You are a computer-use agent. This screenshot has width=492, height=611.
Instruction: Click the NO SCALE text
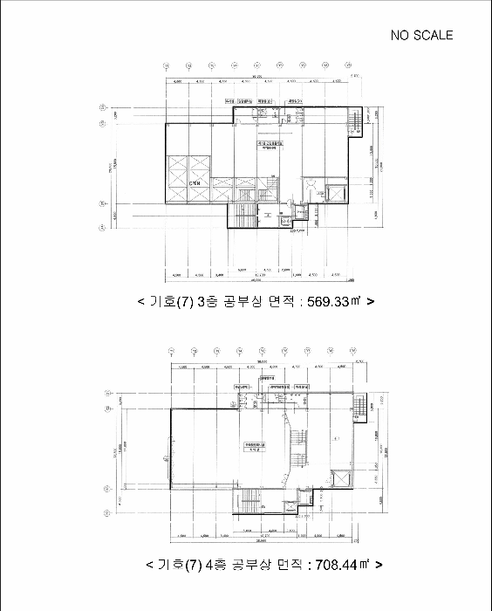(x=422, y=35)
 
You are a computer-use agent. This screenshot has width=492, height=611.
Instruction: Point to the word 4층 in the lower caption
(x=215, y=565)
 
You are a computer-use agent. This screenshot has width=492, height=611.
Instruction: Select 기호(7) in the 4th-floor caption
(x=180, y=565)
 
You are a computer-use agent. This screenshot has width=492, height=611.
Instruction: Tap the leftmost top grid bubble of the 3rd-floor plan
(x=166, y=65)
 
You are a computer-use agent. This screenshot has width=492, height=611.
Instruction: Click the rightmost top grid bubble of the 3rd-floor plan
(x=348, y=65)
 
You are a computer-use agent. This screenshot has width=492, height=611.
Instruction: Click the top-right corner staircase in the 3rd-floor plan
(x=354, y=123)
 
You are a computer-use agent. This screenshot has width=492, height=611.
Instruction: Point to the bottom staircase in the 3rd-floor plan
(x=243, y=215)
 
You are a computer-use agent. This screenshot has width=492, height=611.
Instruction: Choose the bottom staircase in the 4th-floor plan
(x=250, y=501)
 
